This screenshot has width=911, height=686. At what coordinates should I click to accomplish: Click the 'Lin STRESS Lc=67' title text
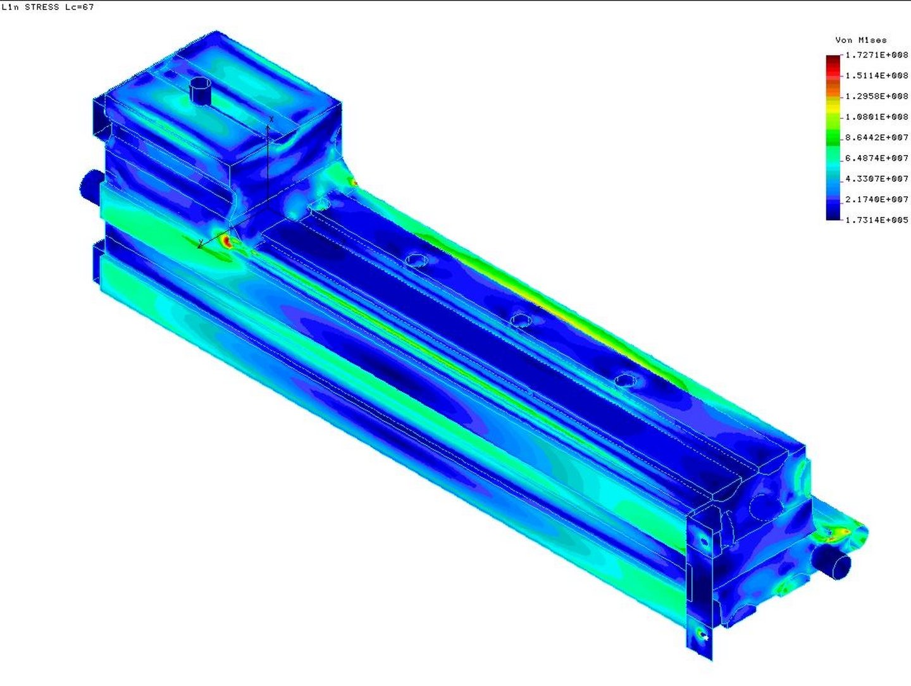pos(47,7)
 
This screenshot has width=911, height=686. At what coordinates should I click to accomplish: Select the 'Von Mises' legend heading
pos(861,41)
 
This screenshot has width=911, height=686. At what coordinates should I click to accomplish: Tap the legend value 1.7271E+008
pos(877,55)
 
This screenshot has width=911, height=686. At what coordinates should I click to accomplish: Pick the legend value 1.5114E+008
pos(877,75)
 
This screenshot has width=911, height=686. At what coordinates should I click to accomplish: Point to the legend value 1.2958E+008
pos(877,96)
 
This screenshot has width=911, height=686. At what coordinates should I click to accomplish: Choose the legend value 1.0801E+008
pos(877,117)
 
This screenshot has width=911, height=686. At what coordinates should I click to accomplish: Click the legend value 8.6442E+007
pos(877,137)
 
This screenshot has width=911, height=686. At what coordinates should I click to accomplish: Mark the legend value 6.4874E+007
pos(877,158)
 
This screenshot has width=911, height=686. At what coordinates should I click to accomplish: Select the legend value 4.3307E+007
pos(877,179)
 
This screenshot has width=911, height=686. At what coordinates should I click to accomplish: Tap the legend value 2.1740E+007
pos(877,199)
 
